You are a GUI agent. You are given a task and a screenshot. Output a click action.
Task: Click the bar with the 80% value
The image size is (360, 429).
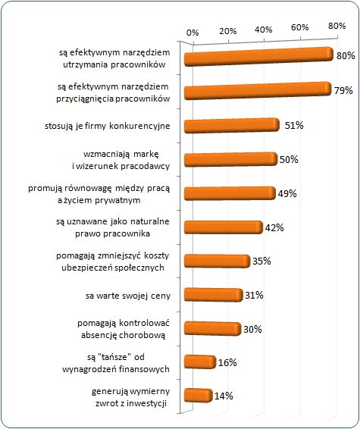coord(258,56)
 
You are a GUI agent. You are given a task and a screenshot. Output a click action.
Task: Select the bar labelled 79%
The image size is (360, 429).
coord(258,90)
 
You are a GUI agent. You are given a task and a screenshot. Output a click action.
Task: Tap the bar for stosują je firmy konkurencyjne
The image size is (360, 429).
coord(232,126)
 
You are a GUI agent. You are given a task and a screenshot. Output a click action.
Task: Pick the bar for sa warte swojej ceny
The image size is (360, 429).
coord(214,295)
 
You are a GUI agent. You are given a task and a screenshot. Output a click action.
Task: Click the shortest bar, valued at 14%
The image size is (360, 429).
coord(199,395)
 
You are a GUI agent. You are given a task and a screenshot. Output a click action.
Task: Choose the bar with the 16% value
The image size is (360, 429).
coord(200,362)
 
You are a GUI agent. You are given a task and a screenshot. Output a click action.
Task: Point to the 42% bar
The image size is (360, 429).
coord(224,227)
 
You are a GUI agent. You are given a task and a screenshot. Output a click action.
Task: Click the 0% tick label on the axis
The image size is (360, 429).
coord(193,33)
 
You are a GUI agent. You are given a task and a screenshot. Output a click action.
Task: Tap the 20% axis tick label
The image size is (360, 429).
coord(227,31)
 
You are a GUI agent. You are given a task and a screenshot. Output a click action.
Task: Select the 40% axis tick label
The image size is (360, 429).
coord(264,30)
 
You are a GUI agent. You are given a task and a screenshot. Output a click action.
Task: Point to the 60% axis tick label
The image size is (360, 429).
coord(300,27)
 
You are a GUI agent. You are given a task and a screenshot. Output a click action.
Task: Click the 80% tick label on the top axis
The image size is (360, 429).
coord(337,26)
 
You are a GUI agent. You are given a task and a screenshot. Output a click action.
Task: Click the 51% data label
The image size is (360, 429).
coord(294,126)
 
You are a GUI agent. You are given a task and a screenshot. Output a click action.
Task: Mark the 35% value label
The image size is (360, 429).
coord(261,261)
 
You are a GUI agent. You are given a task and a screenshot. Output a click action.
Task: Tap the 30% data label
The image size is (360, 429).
coord(252,329)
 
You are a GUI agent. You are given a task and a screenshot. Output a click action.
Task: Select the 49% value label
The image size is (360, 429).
coord(287,193)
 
